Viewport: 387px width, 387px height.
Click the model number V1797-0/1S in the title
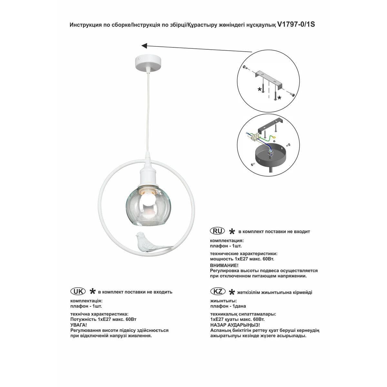tap(296, 25)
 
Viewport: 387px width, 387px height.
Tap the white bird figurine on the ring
tap(148, 242)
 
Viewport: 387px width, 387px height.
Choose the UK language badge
tap(78, 291)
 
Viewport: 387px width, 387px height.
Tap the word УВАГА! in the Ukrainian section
tap(78, 325)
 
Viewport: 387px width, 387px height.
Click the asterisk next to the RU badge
tap(232, 232)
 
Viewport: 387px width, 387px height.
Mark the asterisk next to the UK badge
tap(92, 292)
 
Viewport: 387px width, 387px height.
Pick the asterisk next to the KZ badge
tap(232, 292)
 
